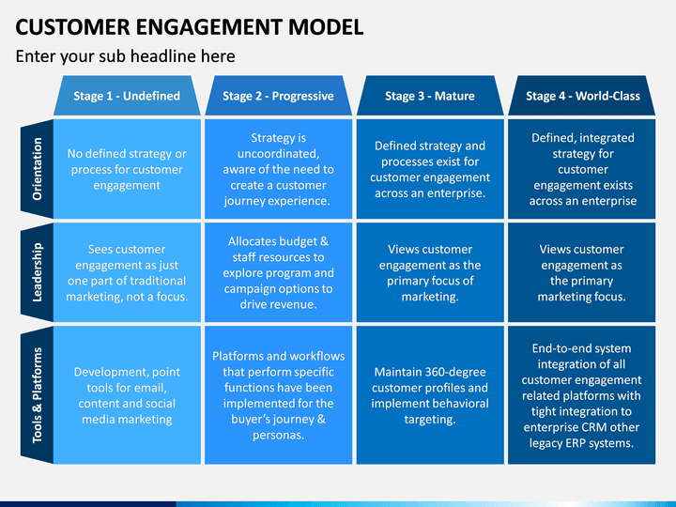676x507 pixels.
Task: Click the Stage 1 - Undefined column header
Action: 127,96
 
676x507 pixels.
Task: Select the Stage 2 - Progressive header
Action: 278,96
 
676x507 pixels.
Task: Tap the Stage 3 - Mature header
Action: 430,96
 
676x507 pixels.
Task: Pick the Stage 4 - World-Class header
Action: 581,96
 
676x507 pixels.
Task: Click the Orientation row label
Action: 37,169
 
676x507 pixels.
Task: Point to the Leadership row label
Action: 37,272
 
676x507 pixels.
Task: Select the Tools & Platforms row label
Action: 37,395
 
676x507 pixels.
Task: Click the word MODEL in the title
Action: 326,26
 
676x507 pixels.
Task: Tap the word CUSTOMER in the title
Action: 72,26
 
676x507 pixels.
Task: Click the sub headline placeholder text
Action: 126,56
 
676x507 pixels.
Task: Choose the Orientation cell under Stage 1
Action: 127,169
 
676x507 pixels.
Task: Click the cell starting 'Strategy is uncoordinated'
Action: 278,169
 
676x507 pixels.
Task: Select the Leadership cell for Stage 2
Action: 278,272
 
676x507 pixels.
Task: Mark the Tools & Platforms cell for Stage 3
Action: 430,395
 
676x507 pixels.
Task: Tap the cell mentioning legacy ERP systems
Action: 581,395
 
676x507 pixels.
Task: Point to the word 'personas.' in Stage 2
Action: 278,435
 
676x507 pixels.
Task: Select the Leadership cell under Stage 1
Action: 127,272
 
